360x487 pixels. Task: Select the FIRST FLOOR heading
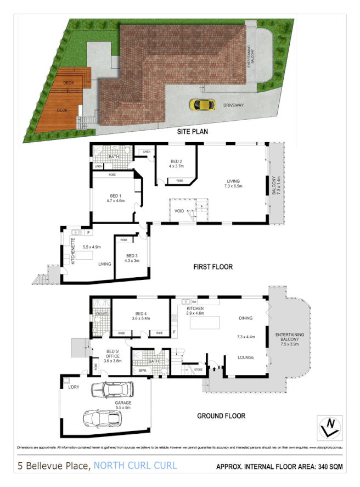(x=212, y=267)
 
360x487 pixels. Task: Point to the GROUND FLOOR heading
(x=221, y=416)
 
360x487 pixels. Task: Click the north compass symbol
(x=329, y=427)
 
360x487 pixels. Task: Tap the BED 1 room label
(x=115, y=196)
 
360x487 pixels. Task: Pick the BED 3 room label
(x=133, y=256)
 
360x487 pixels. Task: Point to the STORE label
(x=199, y=370)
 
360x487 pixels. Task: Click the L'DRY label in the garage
(x=74, y=388)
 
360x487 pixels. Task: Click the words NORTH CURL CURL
(x=135, y=466)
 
